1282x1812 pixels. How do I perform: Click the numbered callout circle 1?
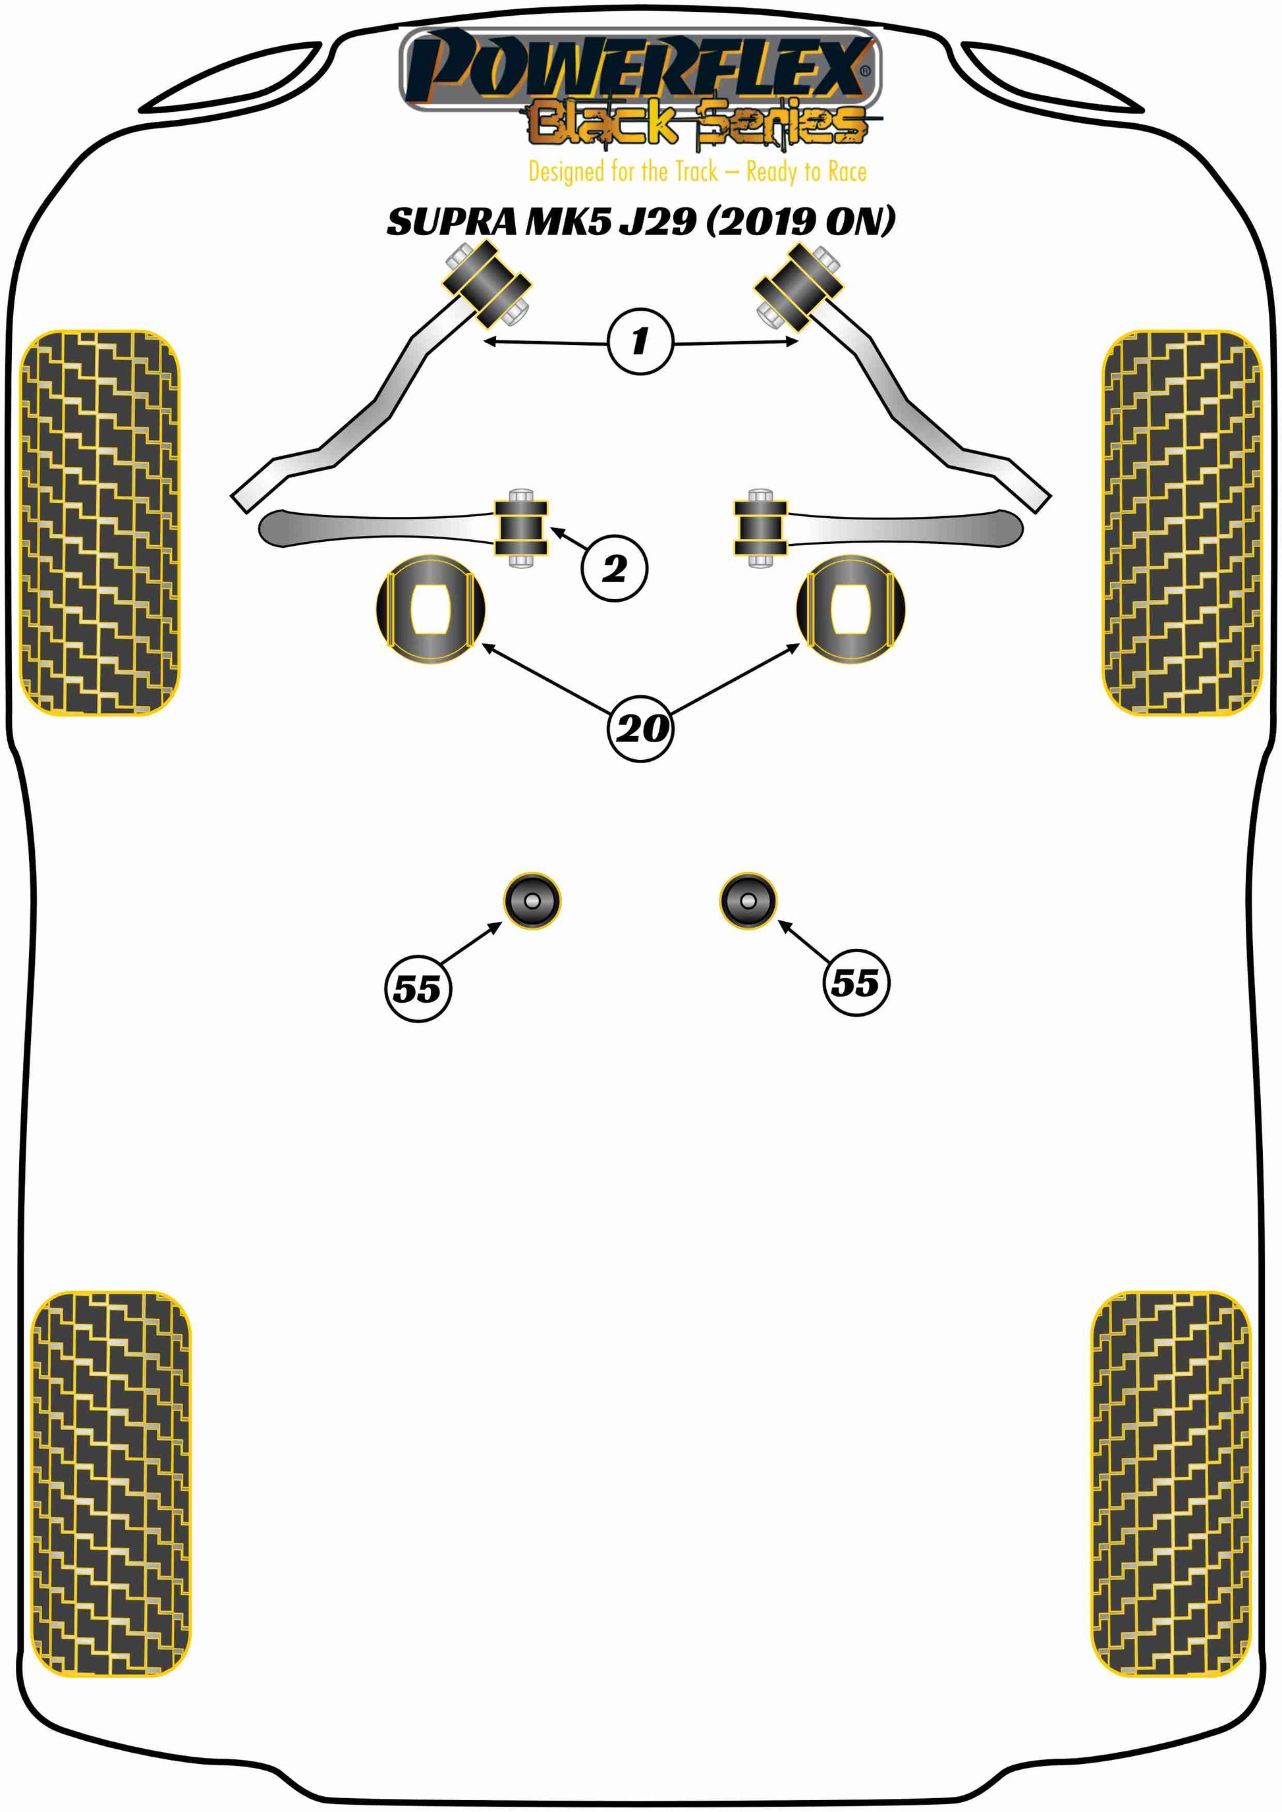coord(640,341)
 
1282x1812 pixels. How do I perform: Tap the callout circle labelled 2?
coord(614,568)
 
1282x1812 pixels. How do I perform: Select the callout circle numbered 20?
coord(640,728)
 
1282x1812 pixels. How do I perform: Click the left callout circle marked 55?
coord(418,988)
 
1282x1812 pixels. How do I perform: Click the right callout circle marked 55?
coord(855,982)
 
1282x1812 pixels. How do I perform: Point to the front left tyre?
coord(99,522)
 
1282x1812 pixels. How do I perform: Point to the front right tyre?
coord(1182,522)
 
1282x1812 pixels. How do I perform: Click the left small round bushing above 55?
coord(532,901)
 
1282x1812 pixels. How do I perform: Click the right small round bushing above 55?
coord(748,901)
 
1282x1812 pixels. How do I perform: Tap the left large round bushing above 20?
coord(430,608)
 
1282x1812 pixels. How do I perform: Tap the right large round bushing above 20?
coord(851,608)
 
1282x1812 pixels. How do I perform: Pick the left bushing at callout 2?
coord(521,527)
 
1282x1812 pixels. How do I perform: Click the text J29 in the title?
coord(657,222)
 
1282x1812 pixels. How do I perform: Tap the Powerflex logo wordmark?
coord(640,69)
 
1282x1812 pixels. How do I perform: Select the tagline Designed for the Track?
coord(623,171)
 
